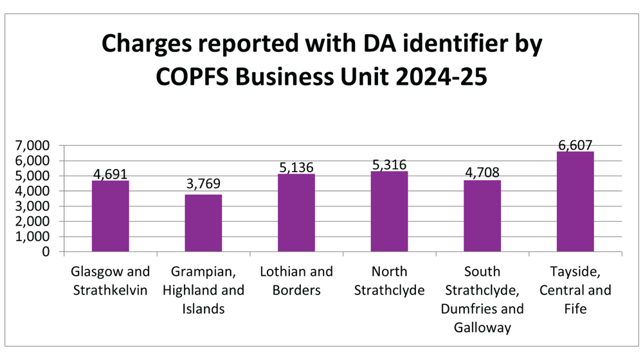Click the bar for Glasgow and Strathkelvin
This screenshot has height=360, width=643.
pos(110,216)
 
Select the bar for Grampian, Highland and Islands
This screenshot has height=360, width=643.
pos(203,223)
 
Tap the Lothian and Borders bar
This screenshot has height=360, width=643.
pos(296,213)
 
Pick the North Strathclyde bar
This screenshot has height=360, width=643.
pos(389,212)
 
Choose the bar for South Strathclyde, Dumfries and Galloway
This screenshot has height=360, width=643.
pos(482,216)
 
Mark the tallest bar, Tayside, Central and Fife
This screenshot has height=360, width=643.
pos(575,202)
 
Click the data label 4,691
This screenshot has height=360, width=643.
pos(110,174)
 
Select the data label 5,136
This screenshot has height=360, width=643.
pos(296,167)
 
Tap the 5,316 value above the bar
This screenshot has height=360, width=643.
pos(389,165)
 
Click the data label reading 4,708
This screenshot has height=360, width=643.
pos(482,173)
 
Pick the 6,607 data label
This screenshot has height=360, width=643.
pos(575,145)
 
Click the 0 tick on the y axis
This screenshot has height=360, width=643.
pos(46,252)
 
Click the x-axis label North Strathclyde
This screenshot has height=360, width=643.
pos(389,281)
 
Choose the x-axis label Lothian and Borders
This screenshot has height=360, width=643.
pos(296,281)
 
